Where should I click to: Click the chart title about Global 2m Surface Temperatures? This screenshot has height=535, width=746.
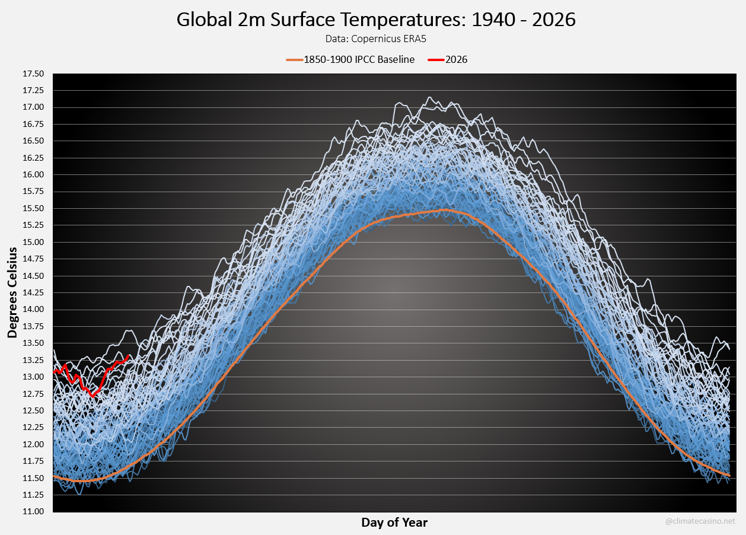coord(376,20)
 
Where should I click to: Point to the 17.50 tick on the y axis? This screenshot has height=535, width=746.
coord(33,74)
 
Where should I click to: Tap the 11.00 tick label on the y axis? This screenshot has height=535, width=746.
coord(33,512)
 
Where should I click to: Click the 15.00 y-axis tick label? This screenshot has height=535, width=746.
coord(33,243)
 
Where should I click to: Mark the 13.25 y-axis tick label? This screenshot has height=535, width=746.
coord(33,360)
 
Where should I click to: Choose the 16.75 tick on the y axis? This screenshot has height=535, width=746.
coord(33,125)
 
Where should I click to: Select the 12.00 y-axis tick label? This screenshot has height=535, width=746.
coord(33,444)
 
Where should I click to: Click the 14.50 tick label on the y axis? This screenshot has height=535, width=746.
coord(33,276)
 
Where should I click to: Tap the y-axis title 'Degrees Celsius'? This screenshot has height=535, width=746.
coord(12,293)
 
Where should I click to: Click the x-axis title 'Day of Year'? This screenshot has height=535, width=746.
coord(394,523)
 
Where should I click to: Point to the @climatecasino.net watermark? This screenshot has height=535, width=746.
coord(700,521)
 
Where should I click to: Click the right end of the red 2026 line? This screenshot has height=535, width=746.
coord(129,356)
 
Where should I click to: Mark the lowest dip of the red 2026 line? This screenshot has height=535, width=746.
coord(93,396)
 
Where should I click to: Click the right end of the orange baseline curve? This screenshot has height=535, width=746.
coord(729,475)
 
